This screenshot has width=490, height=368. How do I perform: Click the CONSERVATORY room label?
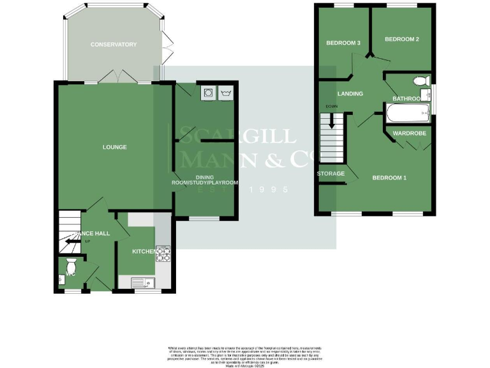[x=114, y=45]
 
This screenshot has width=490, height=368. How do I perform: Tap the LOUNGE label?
[x=115, y=148]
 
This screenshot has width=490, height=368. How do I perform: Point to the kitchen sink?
[x=142, y=281]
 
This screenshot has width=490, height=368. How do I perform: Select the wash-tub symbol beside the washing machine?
[x=226, y=94]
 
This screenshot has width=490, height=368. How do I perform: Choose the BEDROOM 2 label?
[x=401, y=40]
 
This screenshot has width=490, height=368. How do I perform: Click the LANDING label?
[x=350, y=94]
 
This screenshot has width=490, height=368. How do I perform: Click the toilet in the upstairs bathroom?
[x=420, y=82]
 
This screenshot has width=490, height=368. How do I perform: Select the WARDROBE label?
[x=409, y=134]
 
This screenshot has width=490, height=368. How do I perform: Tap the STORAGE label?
[x=330, y=174]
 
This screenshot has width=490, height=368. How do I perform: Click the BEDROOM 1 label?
[x=389, y=178]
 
